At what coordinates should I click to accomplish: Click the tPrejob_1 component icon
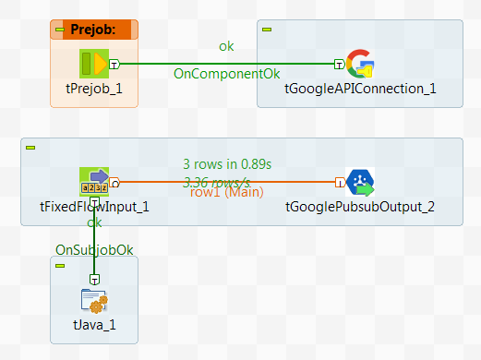[x=94, y=64]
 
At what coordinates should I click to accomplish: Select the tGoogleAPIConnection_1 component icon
[x=359, y=64]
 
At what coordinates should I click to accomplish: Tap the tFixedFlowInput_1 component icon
[x=94, y=182]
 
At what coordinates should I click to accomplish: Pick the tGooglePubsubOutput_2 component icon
[x=359, y=182]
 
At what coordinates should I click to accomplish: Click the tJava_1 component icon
[x=94, y=301]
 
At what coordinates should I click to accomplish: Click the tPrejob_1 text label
[x=94, y=89]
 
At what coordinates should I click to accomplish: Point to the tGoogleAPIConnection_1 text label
[x=359, y=89]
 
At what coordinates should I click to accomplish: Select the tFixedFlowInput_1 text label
[x=94, y=207]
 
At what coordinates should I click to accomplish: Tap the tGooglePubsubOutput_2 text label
[x=360, y=207]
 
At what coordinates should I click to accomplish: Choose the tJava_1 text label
[x=94, y=325]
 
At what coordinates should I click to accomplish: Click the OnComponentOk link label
[x=226, y=72]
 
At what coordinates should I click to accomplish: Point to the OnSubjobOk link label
[x=94, y=249]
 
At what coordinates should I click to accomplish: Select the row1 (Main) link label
[x=227, y=192]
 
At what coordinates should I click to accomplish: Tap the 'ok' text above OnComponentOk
[x=226, y=45]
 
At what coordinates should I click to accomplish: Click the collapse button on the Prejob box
[x=59, y=29]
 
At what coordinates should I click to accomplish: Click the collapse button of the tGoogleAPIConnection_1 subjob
[x=267, y=29]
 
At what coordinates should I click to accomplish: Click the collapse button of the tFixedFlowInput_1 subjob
[x=30, y=147]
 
